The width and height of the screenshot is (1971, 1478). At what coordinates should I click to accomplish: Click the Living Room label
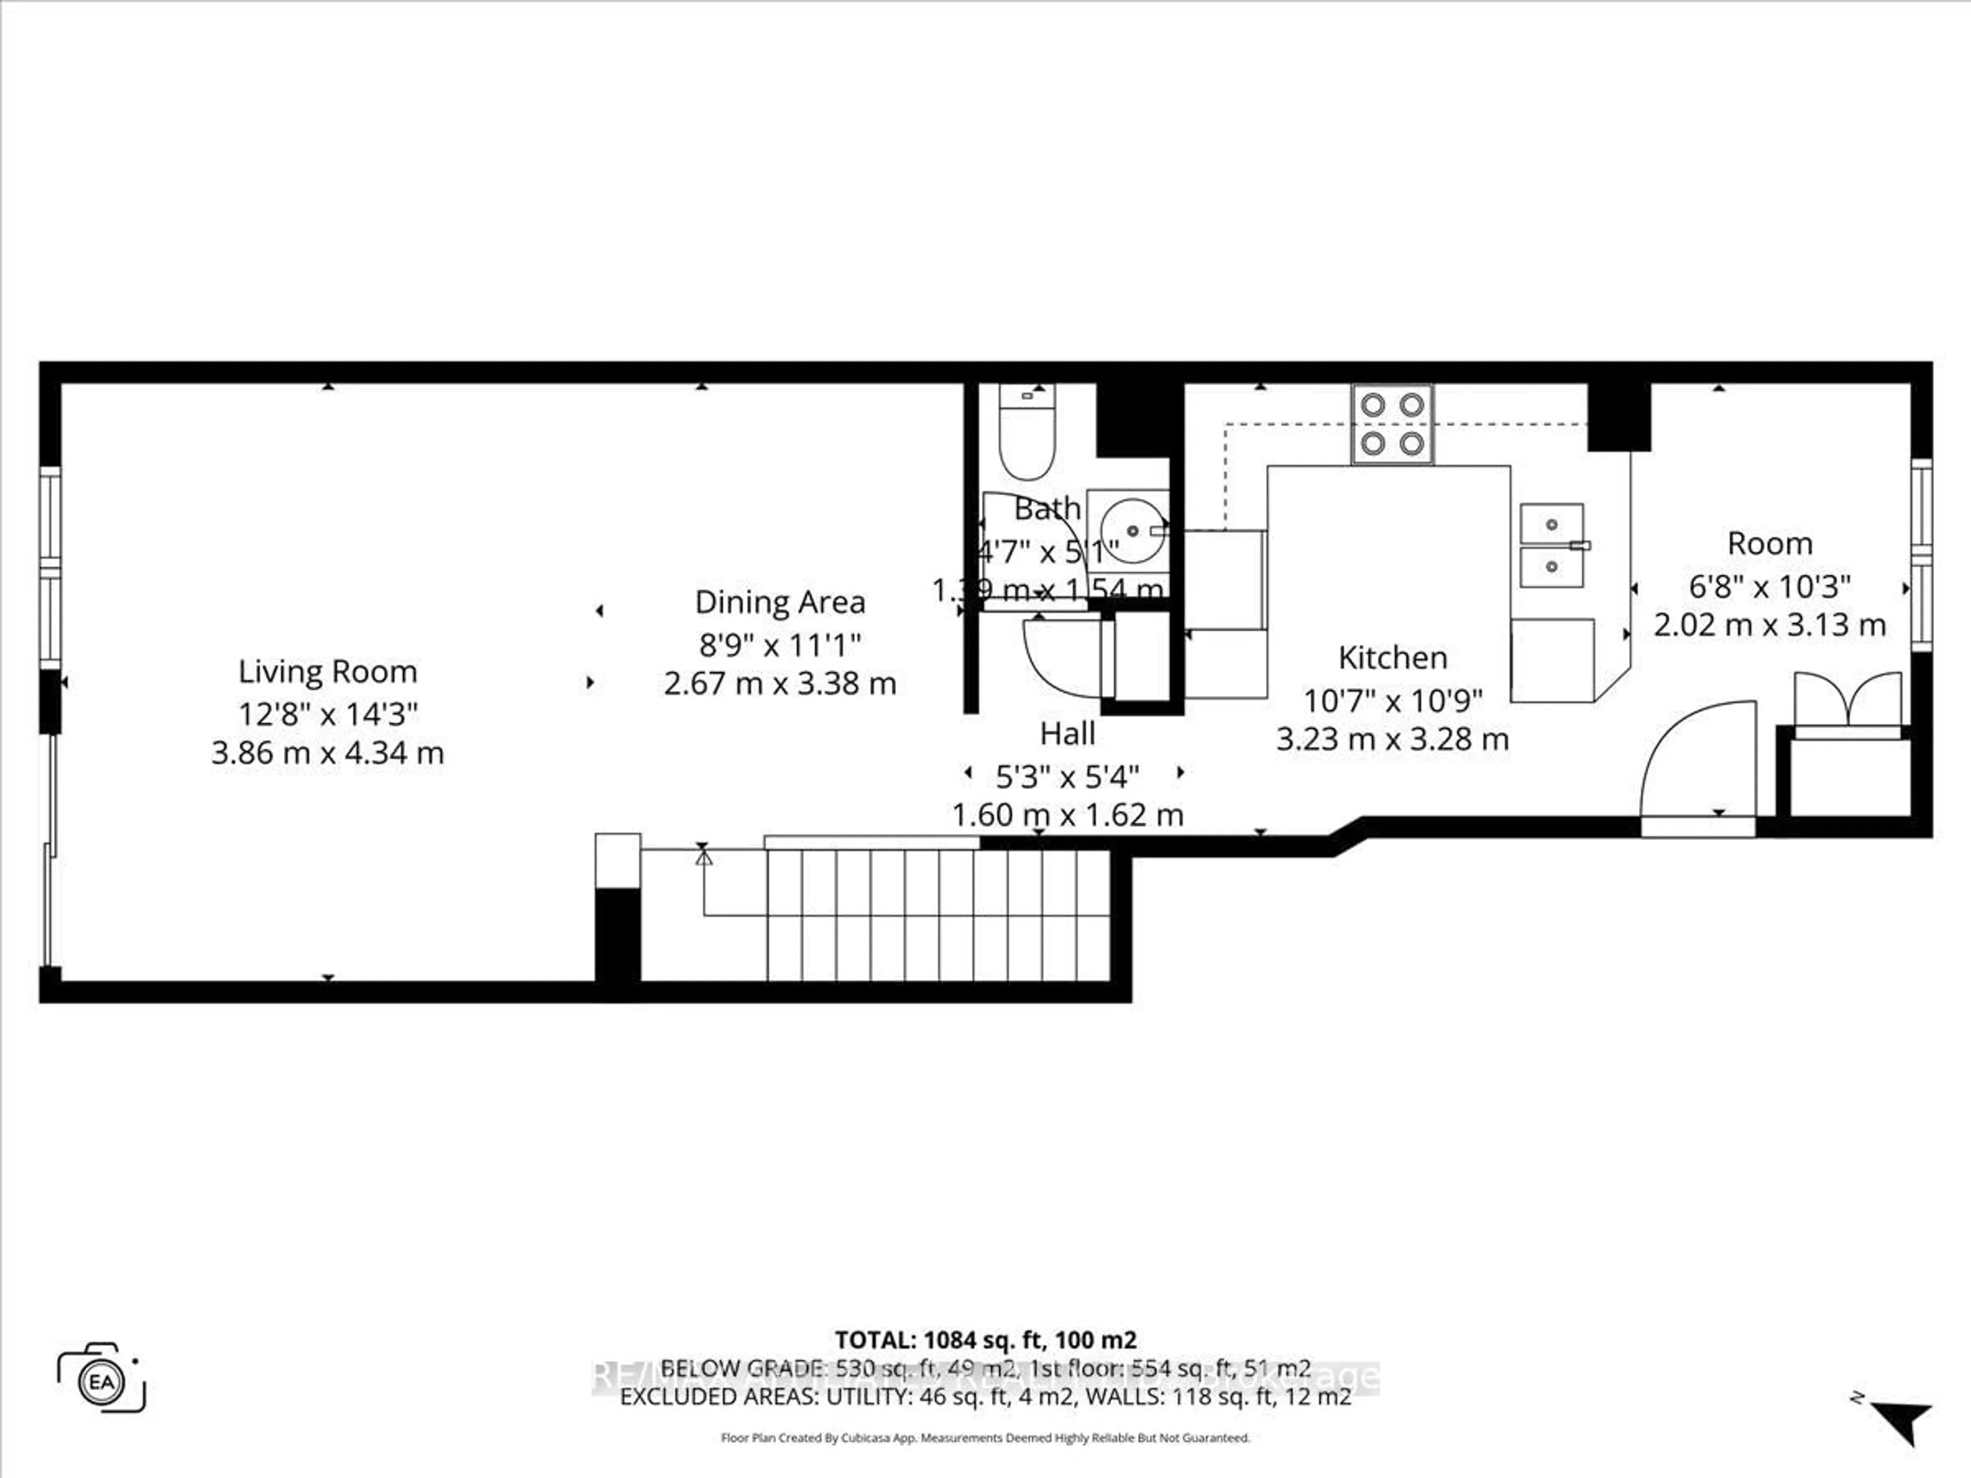pyautogui.click(x=327, y=671)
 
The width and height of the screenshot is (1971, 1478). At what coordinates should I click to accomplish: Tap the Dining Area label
pyautogui.click(x=780, y=602)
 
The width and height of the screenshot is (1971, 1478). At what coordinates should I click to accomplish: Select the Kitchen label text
pyautogui.click(x=1392, y=657)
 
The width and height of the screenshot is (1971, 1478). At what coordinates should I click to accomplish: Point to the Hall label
pyautogui.click(x=1067, y=734)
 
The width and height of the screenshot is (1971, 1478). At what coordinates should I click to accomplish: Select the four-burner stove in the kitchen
pyautogui.click(x=1392, y=424)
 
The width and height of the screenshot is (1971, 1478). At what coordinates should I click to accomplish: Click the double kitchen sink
pyautogui.click(x=1551, y=545)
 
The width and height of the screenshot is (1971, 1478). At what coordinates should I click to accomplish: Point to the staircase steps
pyautogui.click(x=936, y=915)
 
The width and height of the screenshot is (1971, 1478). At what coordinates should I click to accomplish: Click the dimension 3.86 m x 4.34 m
pyautogui.click(x=327, y=753)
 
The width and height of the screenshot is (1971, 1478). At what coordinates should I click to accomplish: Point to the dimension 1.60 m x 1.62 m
pyautogui.click(x=1067, y=814)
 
